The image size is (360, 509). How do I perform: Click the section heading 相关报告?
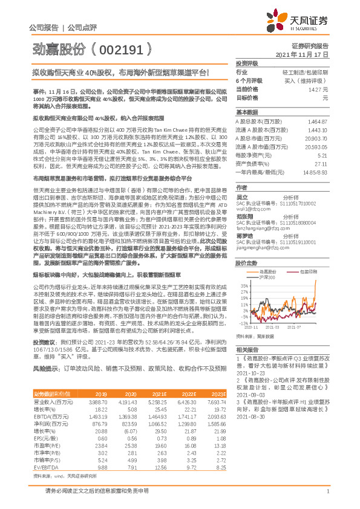(x=247, y=349)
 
